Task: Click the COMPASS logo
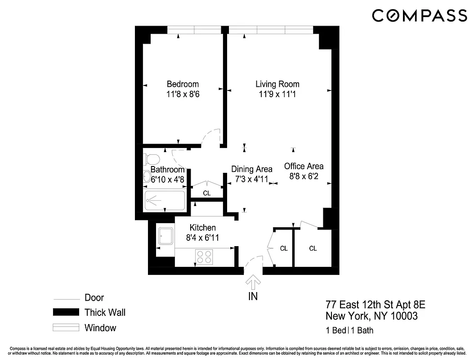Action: pyautogui.click(x=419, y=16)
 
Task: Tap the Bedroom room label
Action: pyautogui.click(x=183, y=84)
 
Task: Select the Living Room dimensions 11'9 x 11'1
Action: pyautogui.click(x=277, y=94)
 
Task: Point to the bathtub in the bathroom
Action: pyautogui.click(x=165, y=201)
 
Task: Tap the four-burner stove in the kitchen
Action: pyautogui.click(x=204, y=257)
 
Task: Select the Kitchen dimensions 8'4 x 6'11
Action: pyautogui.click(x=203, y=238)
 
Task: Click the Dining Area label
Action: pyautogui.click(x=251, y=169)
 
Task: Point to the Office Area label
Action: pyautogui.click(x=304, y=166)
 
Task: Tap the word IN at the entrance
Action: pyautogui.click(x=253, y=297)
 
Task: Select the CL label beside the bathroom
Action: pyautogui.click(x=207, y=193)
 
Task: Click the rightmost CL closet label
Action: pyautogui.click(x=313, y=248)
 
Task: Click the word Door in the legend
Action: pyautogui.click(x=94, y=297)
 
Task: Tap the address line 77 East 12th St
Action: pyautogui.click(x=375, y=306)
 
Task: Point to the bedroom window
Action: pyautogui.click(x=194, y=30)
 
